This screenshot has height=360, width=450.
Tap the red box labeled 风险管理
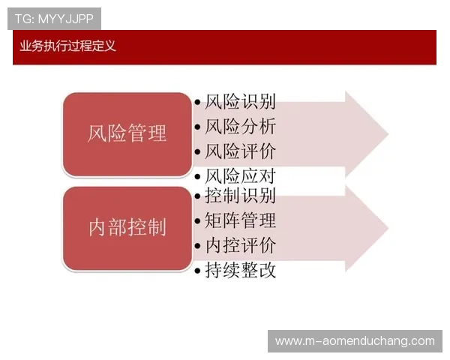(x=127, y=134)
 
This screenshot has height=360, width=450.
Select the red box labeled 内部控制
(x=127, y=228)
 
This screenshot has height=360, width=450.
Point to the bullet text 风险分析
(x=240, y=127)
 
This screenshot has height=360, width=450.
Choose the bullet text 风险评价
(x=240, y=151)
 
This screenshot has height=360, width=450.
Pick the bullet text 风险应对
(x=240, y=177)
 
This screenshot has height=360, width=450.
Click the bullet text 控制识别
(x=240, y=196)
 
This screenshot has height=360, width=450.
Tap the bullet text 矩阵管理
(x=240, y=220)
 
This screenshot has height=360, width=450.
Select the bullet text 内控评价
(x=240, y=245)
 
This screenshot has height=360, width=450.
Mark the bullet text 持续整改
(x=240, y=270)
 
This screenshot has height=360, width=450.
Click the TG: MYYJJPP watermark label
(x=54, y=19)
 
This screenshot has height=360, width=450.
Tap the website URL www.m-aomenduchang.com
(x=354, y=341)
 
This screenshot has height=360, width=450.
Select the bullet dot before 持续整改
(x=197, y=271)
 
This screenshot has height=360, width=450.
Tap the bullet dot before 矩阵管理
(x=197, y=221)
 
